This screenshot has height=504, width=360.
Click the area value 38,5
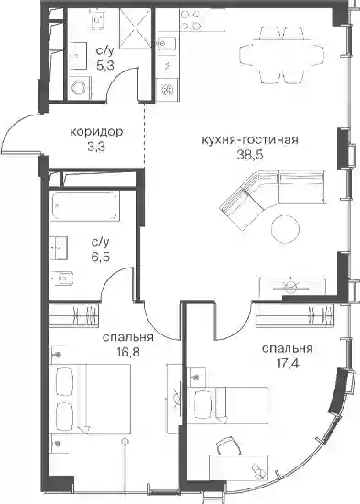[250, 155]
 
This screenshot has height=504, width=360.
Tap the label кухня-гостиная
[250, 140]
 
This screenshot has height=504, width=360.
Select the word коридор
[96, 132]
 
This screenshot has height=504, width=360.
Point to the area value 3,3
[96, 147]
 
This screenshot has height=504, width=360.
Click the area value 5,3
[105, 66]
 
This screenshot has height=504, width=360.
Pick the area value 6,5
[100, 257]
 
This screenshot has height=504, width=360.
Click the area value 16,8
[128, 353]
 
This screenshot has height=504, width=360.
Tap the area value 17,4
[287, 364]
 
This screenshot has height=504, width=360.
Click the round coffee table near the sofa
[286, 229]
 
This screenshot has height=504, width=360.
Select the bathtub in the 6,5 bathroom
[85, 205]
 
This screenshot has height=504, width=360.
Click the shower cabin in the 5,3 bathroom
[135, 28]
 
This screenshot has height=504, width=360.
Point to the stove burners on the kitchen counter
[191, 20]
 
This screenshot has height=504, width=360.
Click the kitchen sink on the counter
[167, 42]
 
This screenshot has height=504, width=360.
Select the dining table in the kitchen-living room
[281, 54]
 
